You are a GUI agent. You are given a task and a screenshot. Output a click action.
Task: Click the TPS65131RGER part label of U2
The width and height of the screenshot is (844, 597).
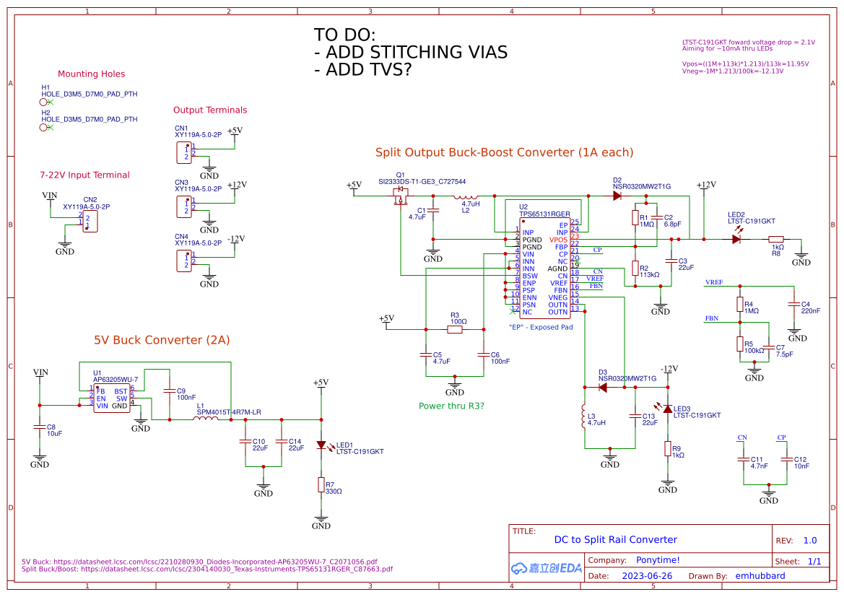click(x=545, y=214)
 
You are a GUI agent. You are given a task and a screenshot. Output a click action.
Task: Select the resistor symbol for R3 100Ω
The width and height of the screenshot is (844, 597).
click(x=455, y=329)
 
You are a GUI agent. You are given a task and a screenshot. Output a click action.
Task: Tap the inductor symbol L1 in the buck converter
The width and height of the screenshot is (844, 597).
click(x=210, y=419)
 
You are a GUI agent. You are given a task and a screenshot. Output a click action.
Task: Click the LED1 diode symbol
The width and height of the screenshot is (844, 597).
click(x=321, y=445)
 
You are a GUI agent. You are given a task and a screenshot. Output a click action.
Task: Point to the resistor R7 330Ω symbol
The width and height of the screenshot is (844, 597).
click(x=321, y=484)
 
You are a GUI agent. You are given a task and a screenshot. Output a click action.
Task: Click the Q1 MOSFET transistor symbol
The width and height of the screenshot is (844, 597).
click(x=399, y=193)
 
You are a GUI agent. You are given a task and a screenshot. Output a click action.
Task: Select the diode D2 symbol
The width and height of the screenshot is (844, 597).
click(x=617, y=196)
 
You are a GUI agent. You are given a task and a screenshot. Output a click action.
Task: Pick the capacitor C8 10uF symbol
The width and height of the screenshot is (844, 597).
click(x=40, y=428)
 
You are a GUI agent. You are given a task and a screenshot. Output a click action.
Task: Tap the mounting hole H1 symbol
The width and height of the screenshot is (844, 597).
click(x=44, y=103)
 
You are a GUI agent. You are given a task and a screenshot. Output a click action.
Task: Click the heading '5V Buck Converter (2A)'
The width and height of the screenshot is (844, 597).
click(x=162, y=340)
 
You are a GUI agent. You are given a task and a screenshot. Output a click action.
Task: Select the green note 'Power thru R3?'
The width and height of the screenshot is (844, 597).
click(x=451, y=406)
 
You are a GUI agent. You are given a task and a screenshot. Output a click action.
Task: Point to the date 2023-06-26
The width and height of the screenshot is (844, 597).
click(x=646, y=576)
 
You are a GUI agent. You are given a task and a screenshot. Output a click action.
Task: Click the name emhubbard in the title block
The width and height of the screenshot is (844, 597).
click(x=760, y=576)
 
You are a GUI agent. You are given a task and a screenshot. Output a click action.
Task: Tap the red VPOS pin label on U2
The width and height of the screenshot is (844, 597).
click(x=558, y=240)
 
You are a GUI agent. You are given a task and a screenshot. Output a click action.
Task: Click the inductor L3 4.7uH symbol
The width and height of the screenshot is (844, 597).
click(x=584, y=418)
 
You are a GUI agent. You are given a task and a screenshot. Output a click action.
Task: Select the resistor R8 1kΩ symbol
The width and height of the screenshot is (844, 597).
click(x=776, y=239)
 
